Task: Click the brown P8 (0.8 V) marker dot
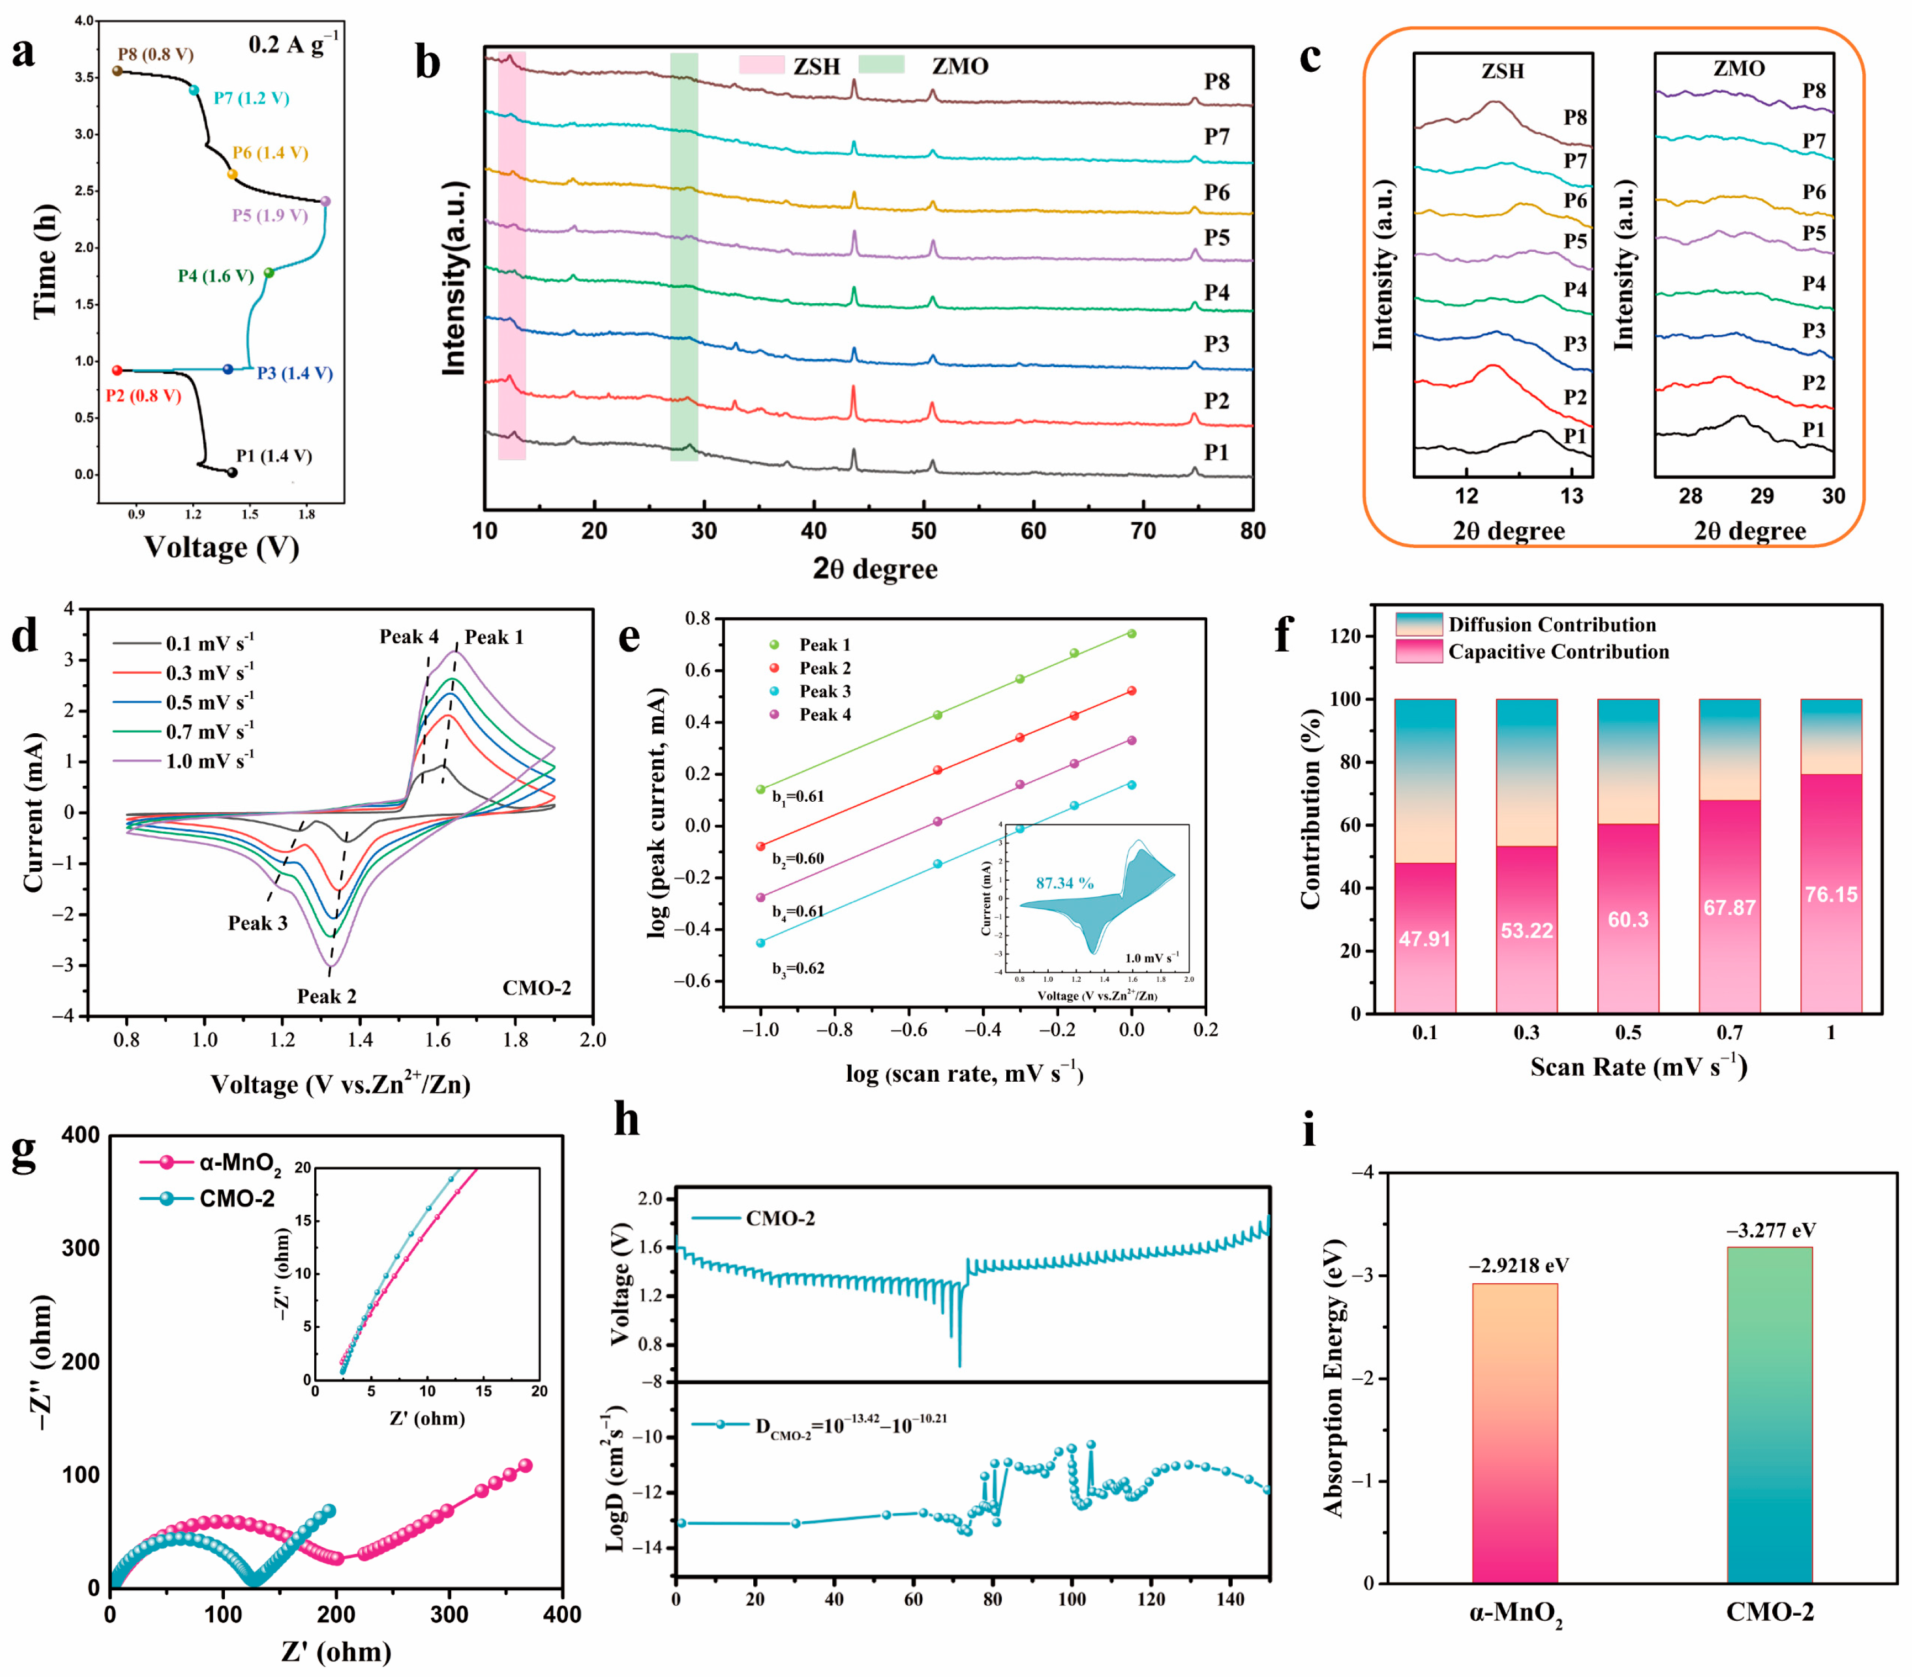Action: (x=118, y=71)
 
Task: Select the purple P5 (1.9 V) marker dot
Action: (x=325, y=201)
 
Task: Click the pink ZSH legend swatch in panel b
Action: (x=762, y=65)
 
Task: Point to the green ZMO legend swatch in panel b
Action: (x=881, y=65)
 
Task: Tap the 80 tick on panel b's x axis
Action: (x=1253, y=531)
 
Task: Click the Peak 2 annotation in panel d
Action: (x=326, y=996)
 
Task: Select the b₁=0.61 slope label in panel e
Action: (x=798, y=797)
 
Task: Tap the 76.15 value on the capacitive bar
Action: (x=1831, y=894)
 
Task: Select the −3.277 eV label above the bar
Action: (x=1770, y=1230)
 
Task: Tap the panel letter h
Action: (x=627, y=1119)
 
